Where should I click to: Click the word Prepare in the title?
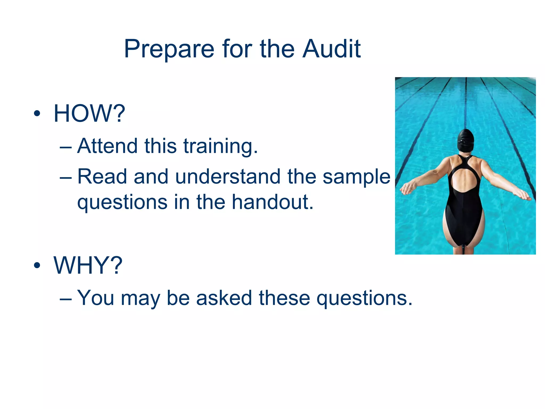pos(169,49)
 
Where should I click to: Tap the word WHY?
pos(88,265)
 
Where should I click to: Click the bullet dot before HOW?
pos(37,114)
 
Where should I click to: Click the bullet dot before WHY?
pos(37,265)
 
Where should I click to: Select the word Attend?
pos(107,146)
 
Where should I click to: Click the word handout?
pos(272,202)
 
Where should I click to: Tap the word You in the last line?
pos(96,298)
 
